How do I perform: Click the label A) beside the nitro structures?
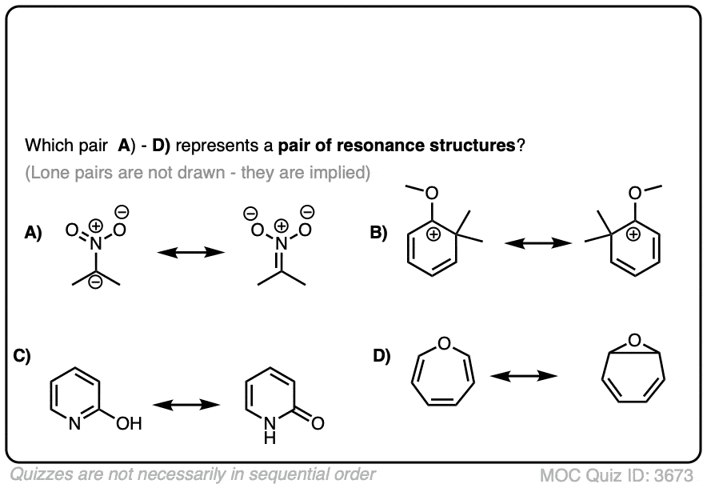(x=34, y=233)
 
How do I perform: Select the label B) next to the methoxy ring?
(x=378, y=234)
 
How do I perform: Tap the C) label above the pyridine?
(x=22, y=358)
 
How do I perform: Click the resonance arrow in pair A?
(x=190, y=252)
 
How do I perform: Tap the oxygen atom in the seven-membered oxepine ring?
(x=445, y=345)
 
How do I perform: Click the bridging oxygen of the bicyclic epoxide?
(x=634, y=343)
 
